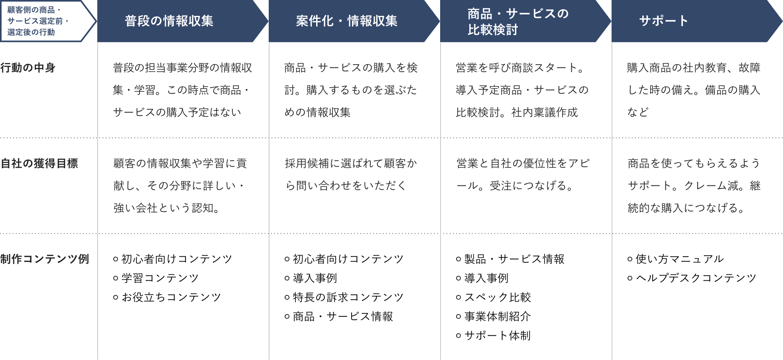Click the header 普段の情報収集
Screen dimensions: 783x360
point(169,21)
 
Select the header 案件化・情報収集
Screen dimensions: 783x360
point(346,21)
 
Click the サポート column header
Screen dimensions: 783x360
point(664,21)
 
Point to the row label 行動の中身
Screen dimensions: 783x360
point(28,68)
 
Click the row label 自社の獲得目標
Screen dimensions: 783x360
point(39,163)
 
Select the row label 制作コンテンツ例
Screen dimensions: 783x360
point(45,259)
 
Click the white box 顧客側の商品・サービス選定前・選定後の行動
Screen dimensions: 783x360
point(48,21)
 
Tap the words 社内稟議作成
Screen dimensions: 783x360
point(545,112)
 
